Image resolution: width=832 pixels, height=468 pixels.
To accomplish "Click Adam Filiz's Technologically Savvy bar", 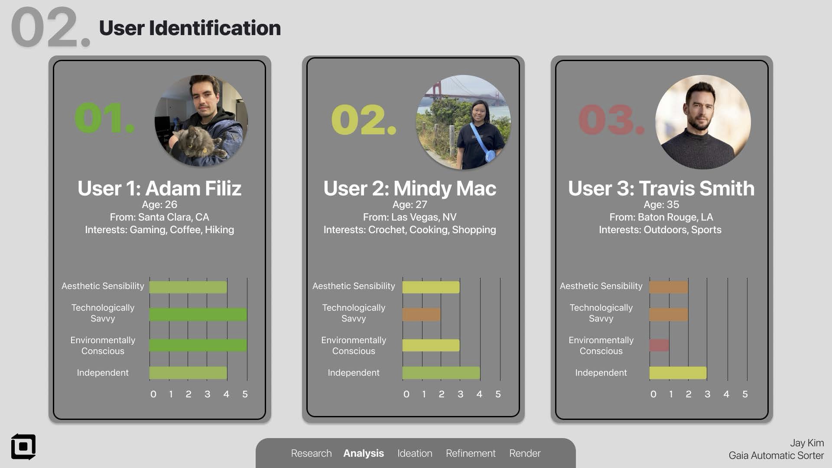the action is [198, 314].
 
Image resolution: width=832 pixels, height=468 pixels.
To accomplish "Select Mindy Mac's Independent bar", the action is [441, 373].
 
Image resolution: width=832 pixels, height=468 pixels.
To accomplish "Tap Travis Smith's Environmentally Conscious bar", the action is [659, 345].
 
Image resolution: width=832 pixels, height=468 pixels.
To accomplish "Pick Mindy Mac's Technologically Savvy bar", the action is [422, 314].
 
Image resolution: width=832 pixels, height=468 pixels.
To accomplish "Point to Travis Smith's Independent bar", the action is [678, 373].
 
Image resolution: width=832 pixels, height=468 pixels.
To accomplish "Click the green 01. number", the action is [104, 118].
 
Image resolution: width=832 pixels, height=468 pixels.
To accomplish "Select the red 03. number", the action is [611, 120].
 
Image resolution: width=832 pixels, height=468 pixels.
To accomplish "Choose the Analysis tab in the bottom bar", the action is [364, 453].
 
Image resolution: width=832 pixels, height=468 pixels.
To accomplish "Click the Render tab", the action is [525, 453].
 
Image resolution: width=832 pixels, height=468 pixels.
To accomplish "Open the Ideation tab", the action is [415, 453].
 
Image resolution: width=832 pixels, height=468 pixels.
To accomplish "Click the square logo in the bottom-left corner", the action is [23, 447].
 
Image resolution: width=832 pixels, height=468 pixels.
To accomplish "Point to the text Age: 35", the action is [661, 205].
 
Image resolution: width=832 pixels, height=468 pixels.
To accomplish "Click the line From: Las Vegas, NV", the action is [409, 217].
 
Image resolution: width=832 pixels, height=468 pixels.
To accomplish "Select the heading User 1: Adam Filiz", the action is [159, 188].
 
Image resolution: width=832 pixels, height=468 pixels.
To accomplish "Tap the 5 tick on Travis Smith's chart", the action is [745, 394].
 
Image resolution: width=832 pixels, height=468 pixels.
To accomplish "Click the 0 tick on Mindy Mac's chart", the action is [406, 394].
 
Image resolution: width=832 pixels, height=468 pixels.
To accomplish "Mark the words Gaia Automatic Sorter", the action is [776, 455].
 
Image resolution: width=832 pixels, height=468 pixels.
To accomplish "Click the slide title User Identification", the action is [190, 28].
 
